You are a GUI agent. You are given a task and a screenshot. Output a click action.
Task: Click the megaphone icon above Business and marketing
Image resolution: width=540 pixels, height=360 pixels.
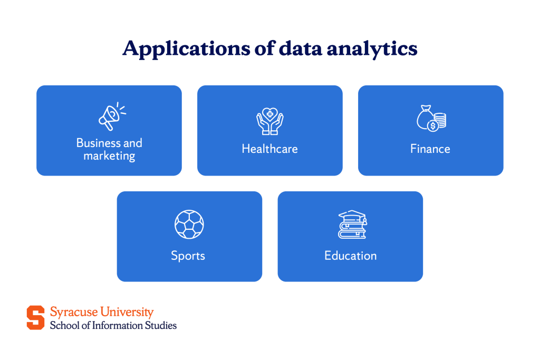111,116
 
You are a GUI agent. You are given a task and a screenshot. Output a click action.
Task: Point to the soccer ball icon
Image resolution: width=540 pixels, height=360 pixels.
189,225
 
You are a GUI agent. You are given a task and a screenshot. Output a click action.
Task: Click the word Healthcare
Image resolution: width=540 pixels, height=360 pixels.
269,149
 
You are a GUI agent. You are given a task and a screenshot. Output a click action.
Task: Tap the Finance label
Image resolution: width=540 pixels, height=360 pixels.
430,149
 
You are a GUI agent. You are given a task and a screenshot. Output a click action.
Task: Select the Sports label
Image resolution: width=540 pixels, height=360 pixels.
188,256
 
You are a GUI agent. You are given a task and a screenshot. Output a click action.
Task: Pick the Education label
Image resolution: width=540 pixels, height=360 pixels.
350,256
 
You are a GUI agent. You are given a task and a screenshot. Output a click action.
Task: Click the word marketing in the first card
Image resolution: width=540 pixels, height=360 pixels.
109,156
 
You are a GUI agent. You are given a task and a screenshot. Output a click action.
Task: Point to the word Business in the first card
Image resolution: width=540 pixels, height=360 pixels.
98,143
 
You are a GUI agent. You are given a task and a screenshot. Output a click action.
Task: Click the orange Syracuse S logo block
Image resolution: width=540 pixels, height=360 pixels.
36,317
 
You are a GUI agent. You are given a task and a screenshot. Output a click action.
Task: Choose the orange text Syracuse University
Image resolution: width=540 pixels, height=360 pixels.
102,312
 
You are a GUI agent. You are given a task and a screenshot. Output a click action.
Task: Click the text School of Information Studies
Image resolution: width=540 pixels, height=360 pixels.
113,325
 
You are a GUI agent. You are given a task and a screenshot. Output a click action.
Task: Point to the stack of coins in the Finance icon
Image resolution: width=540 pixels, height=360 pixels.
440,120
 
